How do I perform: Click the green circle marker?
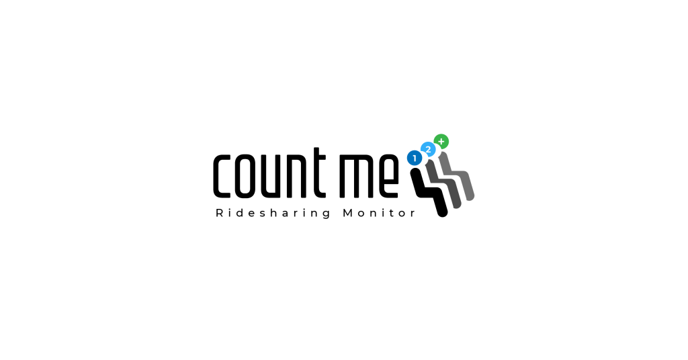(x=441, y=141)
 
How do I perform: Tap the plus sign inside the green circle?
(x=441, y=141)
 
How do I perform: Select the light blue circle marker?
(x=428, y=149)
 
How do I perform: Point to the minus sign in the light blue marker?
(x=429, y=152)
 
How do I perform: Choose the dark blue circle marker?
(x=415, y=158)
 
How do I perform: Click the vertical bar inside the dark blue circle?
(x=415, y=158)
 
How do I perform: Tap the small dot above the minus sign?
(x=429, y=147)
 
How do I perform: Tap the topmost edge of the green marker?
(x=441, y=134)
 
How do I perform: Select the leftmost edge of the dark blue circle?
(x=407, y=158)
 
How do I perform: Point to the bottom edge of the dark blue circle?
(x=415, y=165)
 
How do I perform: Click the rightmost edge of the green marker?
(x=449, y=141)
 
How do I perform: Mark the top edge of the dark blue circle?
(x=415, y=150)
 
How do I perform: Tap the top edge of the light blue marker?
(x=428, y=142)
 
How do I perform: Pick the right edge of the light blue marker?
(x=436, y=149)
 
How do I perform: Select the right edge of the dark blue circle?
(x=422, y=159)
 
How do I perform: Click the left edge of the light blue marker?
(x=421, y=149)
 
